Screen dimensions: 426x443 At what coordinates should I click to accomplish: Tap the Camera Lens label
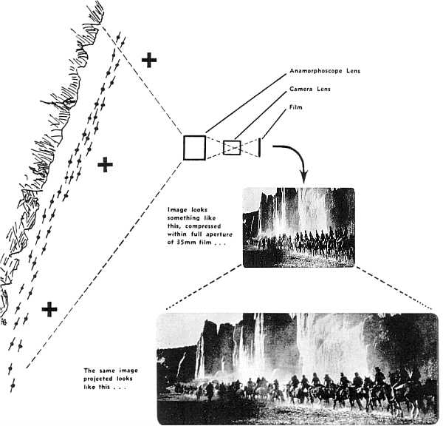tap(310, 90)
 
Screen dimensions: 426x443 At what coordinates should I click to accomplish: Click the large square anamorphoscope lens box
tap(195, 147)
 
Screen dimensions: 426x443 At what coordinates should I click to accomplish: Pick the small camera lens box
tap(232, 147)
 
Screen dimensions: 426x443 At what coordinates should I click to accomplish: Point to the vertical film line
tap(260, 147)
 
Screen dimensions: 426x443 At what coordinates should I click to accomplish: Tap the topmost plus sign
tap(149, 60)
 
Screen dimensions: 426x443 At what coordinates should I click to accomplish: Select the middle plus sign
tap(106, 164)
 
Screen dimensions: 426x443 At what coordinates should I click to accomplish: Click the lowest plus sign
tap(49, 309)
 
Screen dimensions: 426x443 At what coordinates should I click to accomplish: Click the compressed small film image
tap(298, 226)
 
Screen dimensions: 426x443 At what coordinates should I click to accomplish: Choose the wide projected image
tap(298, 368)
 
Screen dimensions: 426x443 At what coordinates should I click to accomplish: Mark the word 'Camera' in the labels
tap(300, 90)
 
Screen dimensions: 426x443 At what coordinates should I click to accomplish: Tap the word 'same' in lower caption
tap(104, 370)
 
